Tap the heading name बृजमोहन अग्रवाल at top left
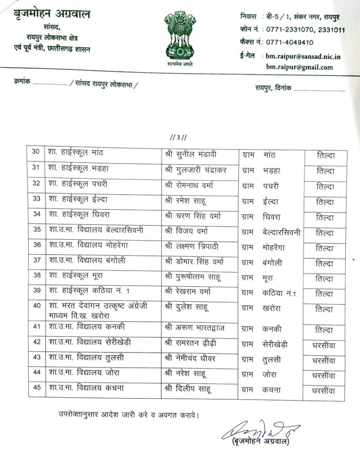(52, 15)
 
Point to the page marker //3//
(179, 137)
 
